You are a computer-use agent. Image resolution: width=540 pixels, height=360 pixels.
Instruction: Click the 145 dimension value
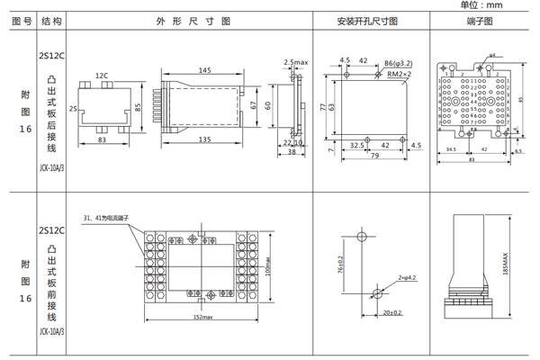205,69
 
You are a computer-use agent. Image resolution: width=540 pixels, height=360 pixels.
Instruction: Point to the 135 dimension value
205,139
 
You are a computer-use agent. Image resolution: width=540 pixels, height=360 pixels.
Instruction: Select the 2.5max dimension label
295,62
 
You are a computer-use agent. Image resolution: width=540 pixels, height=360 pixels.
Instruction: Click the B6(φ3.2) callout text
398,63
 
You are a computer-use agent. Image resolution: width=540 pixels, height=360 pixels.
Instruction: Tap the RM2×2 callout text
400,75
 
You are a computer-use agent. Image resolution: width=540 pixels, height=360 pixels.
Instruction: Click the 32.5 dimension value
356,144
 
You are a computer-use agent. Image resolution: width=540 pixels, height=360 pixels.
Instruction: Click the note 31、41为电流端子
111,218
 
